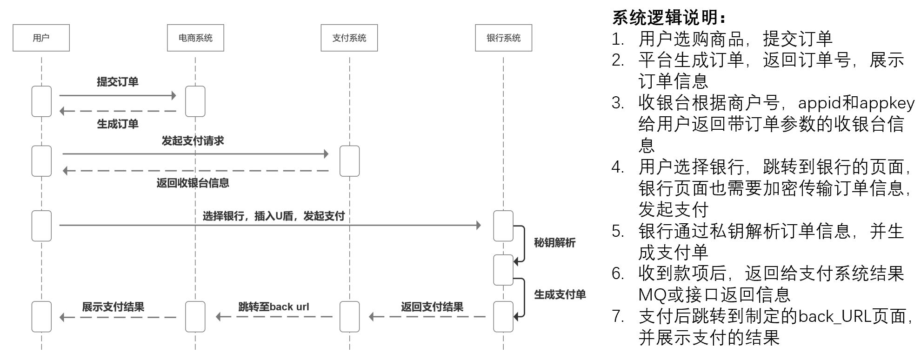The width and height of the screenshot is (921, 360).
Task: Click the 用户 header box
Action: pos(41,38)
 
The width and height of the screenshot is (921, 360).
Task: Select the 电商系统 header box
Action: pos(195,38)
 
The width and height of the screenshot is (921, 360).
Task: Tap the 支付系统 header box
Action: pos(349,38)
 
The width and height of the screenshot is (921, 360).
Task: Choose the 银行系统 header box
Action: pos(503,38)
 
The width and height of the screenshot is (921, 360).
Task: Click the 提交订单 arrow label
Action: pos(117,82)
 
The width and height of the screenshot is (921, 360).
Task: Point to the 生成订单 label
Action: pos(117,124)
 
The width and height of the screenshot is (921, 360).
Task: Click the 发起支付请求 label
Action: pos(193,140)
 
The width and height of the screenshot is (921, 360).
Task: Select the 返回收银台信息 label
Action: pos(193,183)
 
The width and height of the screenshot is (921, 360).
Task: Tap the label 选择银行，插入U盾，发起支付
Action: pos(274,216)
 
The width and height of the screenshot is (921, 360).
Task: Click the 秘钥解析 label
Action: pos(554,242)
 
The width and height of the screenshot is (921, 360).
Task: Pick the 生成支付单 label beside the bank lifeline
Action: pos(560,294)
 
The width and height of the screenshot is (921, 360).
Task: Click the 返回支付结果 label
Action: pos(432,307)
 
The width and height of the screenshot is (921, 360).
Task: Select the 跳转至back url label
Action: pos(274,307)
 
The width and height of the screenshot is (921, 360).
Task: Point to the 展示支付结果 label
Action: pos(113,307)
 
